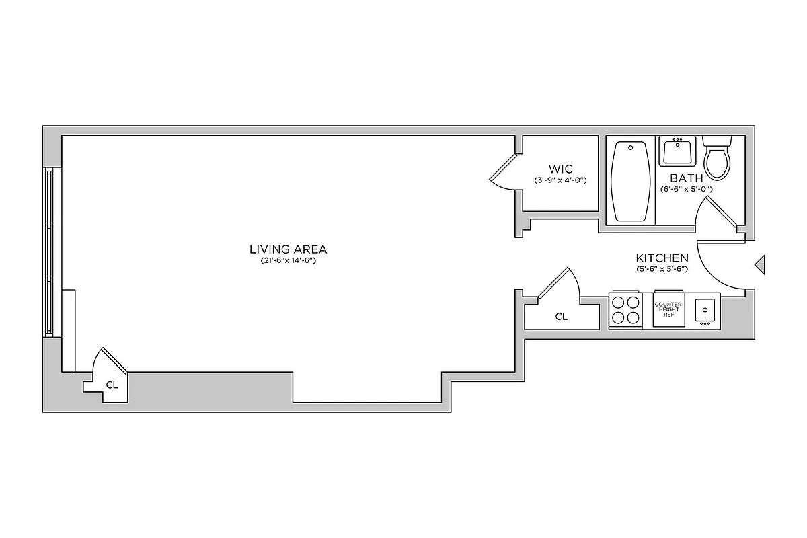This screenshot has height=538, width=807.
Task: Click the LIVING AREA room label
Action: click(x=288, y=249)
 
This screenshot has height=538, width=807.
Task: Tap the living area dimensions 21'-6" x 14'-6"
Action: click(x=288, y=261)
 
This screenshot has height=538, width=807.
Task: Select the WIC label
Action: click(x=560, y=169)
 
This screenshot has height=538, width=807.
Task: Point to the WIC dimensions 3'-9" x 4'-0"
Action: click(x=560, y=180)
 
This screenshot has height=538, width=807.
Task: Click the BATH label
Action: click(x=686, y=178)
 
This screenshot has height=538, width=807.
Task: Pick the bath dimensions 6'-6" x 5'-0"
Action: click(x=686, y=190)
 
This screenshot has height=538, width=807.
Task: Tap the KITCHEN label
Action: click(x=662, y=258)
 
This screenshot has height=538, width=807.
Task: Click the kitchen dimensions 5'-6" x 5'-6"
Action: click(x=662, y=269)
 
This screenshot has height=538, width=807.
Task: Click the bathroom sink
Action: click(x=678, y=151)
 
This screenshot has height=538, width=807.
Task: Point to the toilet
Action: click(x=717, y=158)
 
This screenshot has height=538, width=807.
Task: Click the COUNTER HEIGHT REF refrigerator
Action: click(x=668, y=310)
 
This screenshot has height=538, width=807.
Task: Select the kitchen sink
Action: click(x=705, y=310)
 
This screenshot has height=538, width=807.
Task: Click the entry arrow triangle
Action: click(x=761, y=264)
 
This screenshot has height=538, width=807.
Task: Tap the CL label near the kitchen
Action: click(x=561, y=317)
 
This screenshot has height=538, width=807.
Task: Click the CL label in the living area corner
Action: click(x=112, y=385)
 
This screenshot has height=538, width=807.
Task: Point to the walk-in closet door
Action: click(x=503, y=169)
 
